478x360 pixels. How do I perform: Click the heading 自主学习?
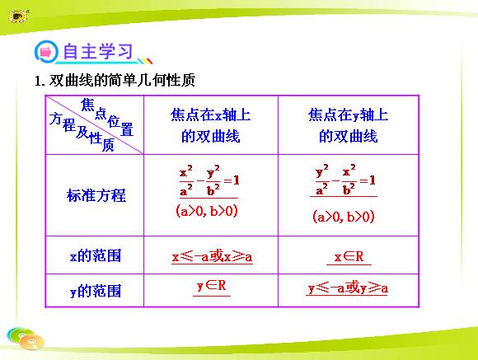[98, 51]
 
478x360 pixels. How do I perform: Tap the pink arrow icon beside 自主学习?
[46, 52]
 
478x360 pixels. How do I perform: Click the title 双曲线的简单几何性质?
[122, 81]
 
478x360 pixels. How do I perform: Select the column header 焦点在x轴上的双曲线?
[211, 125]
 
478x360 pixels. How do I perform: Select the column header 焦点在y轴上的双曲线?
[348, 125]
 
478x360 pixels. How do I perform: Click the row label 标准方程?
[96, 195]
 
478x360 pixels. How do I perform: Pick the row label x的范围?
[96, 255]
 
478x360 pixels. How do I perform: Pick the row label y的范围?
[96, 291]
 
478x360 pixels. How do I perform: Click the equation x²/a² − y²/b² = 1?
[209, 180]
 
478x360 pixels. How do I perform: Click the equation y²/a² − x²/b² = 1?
[345, 180]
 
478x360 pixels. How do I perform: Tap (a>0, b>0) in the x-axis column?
[207, 211]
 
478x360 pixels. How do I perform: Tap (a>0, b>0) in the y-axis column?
[344, 217]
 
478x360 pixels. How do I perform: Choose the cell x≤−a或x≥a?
[212, 257]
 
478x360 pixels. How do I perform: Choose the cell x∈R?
[349, 257]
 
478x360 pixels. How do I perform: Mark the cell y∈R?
[212, 286]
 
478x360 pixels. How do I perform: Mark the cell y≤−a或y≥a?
[347, 288]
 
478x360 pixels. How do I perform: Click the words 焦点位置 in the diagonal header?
[107, 117]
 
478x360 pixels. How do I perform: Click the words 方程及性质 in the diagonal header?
[82, 132]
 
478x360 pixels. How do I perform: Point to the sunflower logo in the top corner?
[18, 16]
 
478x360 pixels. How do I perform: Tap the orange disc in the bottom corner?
[31, 342]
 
